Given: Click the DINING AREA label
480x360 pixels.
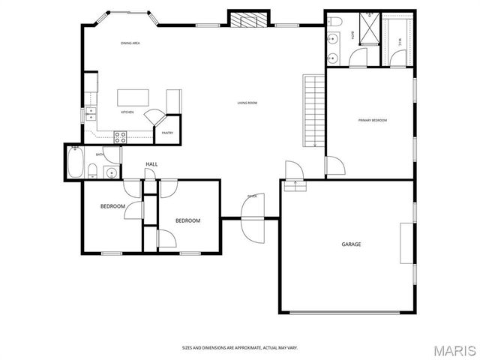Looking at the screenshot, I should click(x=130, y=43).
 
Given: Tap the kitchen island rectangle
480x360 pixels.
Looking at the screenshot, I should click(x=133, y=97).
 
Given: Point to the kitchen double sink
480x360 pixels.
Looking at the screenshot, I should click(x=91, y=115).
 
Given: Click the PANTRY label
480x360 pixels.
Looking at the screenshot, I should click(x=167, y=133).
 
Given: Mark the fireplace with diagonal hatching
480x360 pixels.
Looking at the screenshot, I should click(x=248, y=19).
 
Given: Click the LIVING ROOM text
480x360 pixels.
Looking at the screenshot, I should click(x=247, y=103).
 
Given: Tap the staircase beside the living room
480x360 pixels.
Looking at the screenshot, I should click(x=313, y=110).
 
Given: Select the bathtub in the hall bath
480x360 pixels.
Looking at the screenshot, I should click(x=76, y=163).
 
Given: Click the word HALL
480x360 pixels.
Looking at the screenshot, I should click(x=151, y=164).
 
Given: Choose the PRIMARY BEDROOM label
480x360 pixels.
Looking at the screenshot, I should click(x=372, y=120).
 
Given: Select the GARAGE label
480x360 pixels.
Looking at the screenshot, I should click(x=351, y=244).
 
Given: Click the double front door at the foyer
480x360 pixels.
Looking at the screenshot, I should click(x=252, y=218).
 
